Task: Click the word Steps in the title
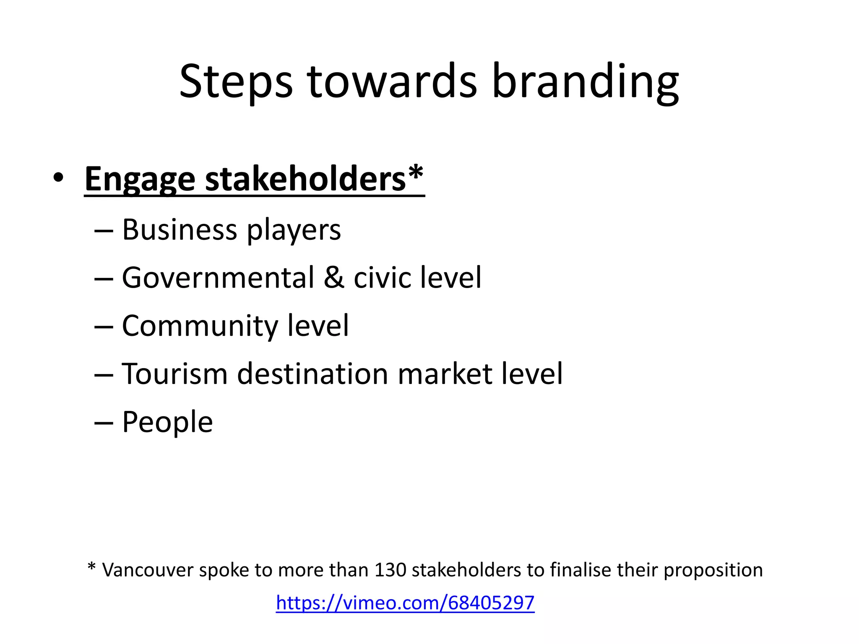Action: [236, 82]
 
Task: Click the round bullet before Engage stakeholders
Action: [58, 178]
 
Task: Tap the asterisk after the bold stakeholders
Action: [416, 172]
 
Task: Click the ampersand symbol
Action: [334, 278]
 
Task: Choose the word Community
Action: [200, 326]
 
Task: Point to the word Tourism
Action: [174, 374]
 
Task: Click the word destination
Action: [312, 374]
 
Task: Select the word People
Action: [167, 422]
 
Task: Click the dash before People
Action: [104, 423]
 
